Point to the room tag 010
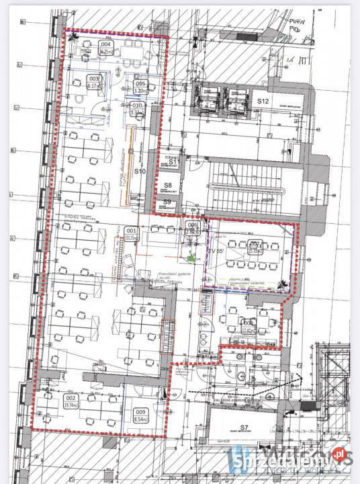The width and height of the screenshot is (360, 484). click(x=138, y=106)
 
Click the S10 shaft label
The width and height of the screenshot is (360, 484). click(x=140, y=171)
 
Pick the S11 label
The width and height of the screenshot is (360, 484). click(x=173, y=162)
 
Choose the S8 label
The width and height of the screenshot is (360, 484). click(x=169, y=185)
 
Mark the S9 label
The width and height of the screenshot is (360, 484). click(x=167, y=202)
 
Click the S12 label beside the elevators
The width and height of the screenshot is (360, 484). click(x=263, y=101)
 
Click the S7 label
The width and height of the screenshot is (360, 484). click(x=244, y=428)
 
